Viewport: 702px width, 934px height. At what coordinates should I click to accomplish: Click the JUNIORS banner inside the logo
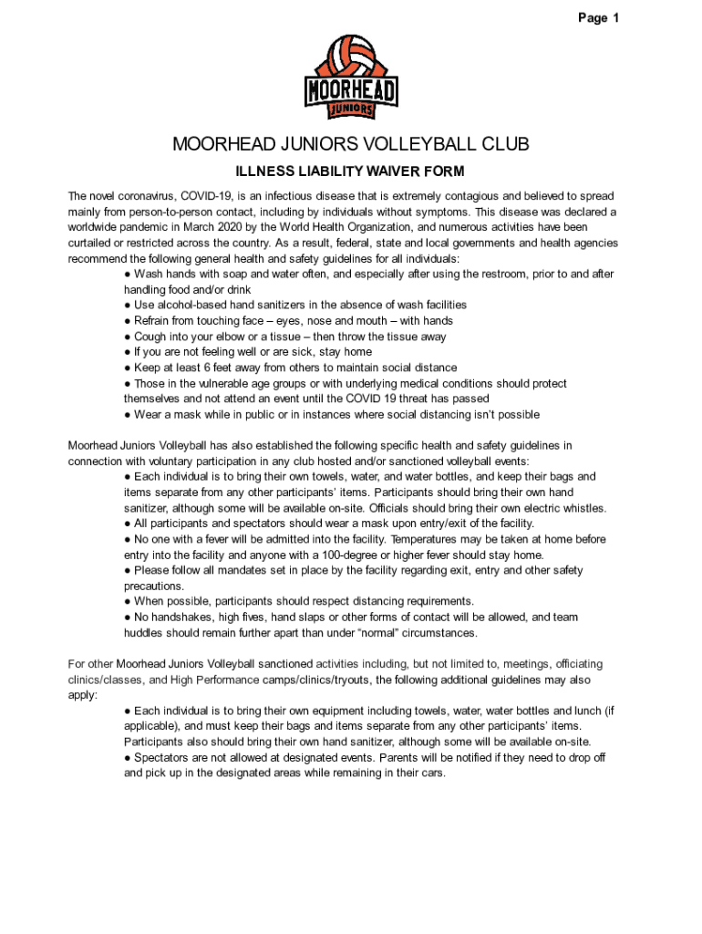[x=351, y=108]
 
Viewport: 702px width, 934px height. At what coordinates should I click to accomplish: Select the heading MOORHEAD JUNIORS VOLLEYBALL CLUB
[x=351, y=146]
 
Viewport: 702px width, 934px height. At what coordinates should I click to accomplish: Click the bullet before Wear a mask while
[x=128, y=415]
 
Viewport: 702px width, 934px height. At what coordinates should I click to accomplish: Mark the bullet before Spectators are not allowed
[x=128, y=757]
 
